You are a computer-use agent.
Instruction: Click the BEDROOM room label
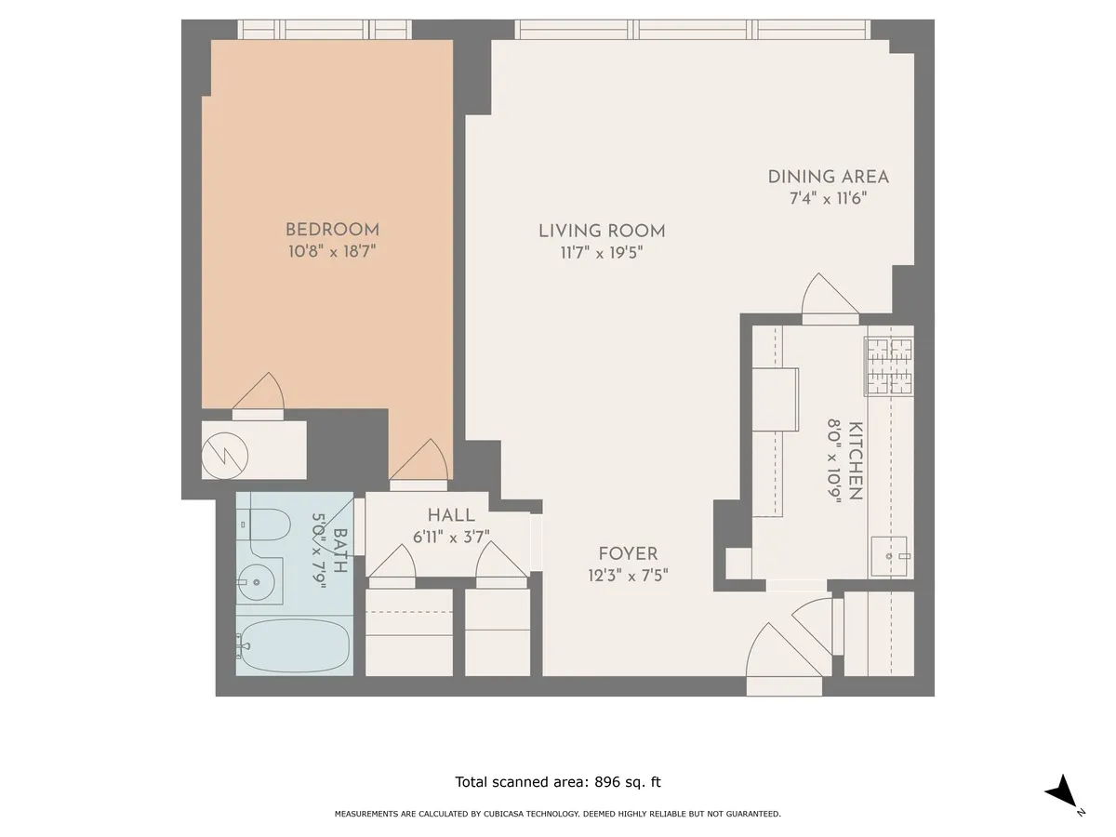[x=332, y=230]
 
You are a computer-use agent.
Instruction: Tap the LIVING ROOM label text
[x=602, y=232]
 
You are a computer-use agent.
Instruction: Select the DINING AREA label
[x=828, y=177]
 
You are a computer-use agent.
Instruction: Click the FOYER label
[x=628, y=554]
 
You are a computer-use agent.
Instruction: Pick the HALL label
[x=451, y=515]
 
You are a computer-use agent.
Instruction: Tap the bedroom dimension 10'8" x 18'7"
[x=332, y=250]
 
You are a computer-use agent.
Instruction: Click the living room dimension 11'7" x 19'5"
[x=602, y=252]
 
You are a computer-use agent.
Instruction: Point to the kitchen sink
[x=891, y=555]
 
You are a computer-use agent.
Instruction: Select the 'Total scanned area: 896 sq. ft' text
[x=558, y=782]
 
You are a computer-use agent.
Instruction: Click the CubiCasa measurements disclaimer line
[x=558, y=814]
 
